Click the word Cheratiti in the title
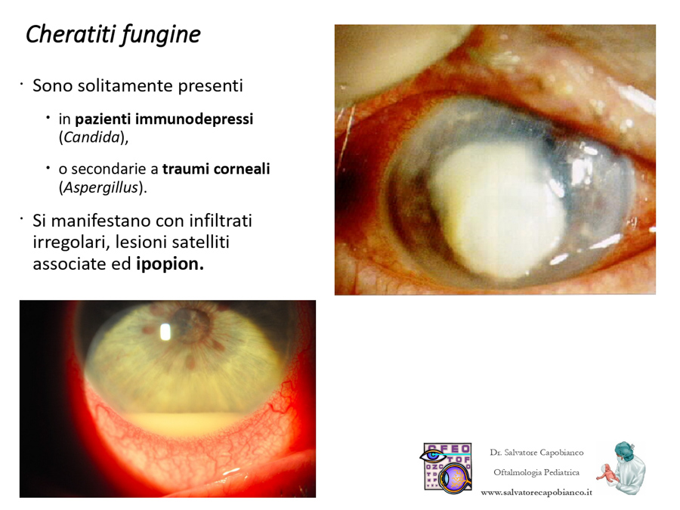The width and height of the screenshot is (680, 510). (x=69, y=34)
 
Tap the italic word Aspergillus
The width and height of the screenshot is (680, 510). (x=100, y=188)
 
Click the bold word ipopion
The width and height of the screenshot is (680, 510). (x=170, y=264)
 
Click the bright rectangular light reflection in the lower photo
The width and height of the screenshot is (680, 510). (x=165, y=332)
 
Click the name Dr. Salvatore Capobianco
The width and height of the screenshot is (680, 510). (x=536, y=453)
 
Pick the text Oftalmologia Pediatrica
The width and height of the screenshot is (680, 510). (x=536, y=472)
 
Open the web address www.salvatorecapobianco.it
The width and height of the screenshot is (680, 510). (x=536, y=492)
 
